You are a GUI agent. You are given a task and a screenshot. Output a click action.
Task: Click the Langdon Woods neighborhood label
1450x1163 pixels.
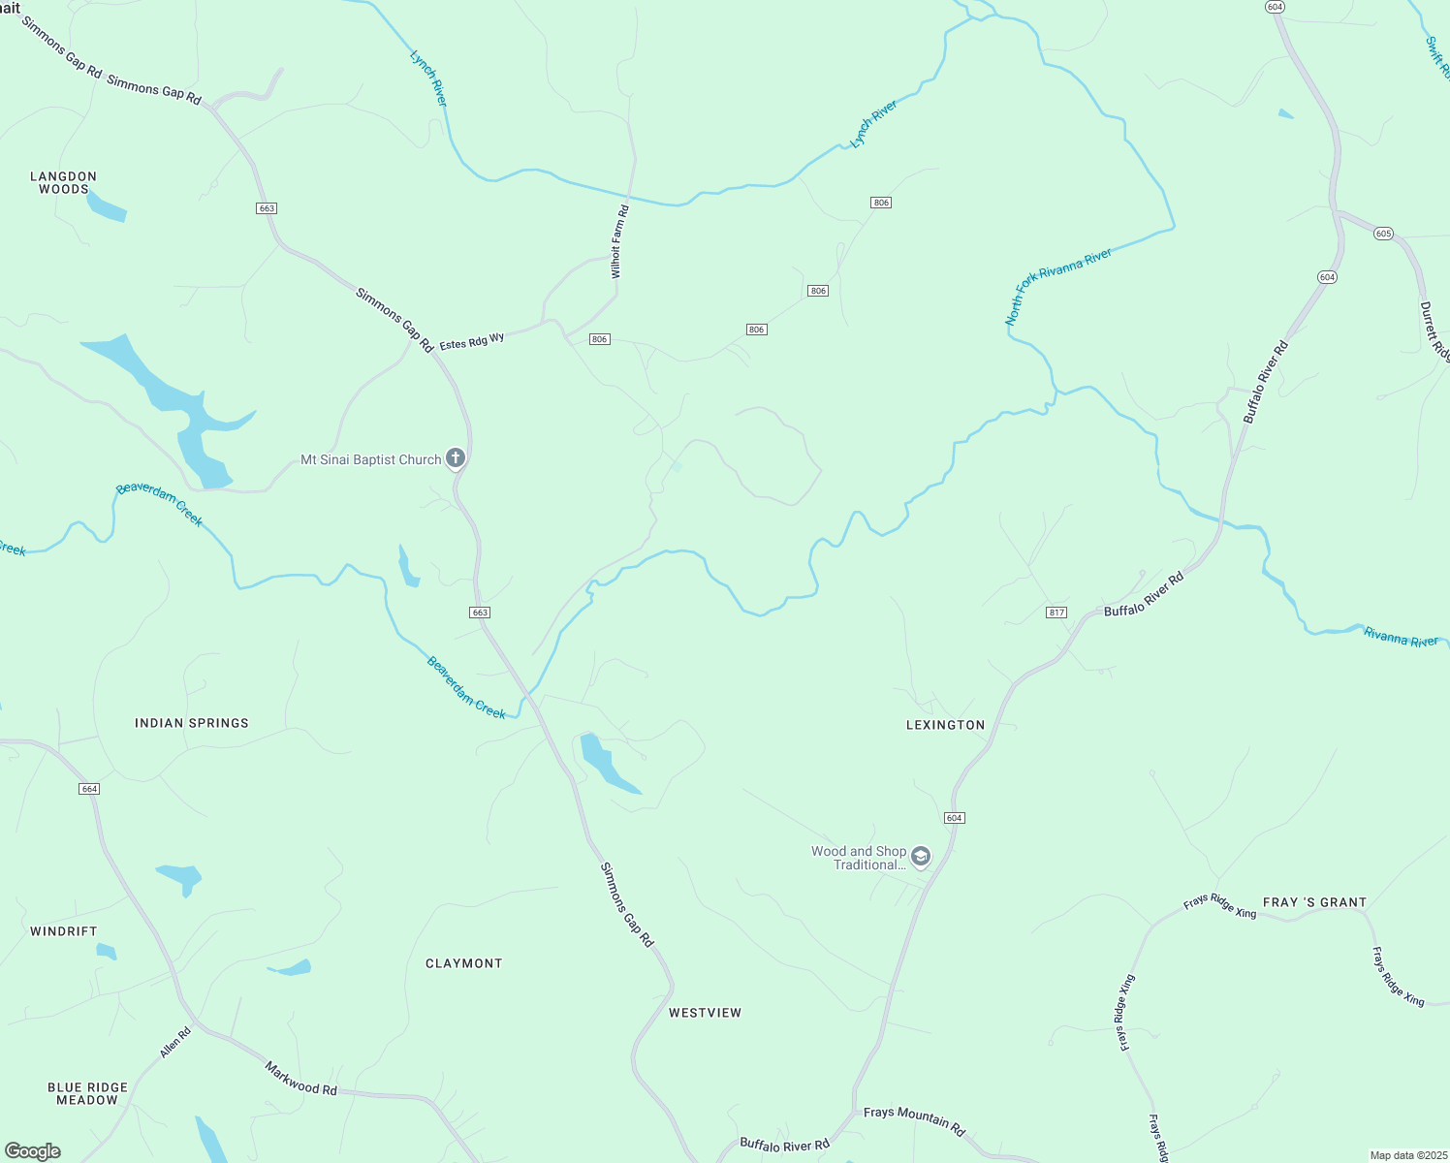(64, 182)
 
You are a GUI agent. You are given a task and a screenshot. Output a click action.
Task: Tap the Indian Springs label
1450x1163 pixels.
(192, 723)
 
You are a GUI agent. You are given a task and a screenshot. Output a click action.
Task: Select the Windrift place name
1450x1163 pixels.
(64, 931)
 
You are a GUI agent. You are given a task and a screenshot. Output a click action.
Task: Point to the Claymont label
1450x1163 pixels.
(464, 963)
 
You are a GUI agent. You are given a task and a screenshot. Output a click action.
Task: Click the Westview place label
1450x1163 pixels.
(705, 1013)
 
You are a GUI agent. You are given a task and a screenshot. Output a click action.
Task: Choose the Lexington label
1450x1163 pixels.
(945, 725)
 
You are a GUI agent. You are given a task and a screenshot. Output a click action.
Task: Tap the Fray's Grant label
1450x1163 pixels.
(1314, 902)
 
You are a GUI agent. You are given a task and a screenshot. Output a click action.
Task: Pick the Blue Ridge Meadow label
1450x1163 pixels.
(87, 1093)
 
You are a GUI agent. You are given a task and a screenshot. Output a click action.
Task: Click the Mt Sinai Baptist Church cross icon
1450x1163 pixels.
(456, 458)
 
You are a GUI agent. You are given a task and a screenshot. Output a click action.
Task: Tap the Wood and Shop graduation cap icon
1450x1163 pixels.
(921, 857)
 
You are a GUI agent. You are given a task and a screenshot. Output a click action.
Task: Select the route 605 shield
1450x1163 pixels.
(1383, 234)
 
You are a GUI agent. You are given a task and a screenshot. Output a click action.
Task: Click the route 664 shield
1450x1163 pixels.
(89, 789)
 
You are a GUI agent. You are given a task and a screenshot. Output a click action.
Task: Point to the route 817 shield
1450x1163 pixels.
(1056, 613)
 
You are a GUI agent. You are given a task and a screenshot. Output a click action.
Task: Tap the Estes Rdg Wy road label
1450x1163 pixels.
(472, 342)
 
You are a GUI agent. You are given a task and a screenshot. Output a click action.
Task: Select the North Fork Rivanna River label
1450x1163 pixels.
(1058, 286)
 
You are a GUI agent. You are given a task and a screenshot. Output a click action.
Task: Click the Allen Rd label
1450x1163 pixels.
(175, 1043)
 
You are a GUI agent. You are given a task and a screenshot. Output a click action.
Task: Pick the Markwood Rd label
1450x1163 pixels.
(300, 1078)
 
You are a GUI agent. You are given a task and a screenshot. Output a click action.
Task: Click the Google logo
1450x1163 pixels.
(33, 1151)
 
